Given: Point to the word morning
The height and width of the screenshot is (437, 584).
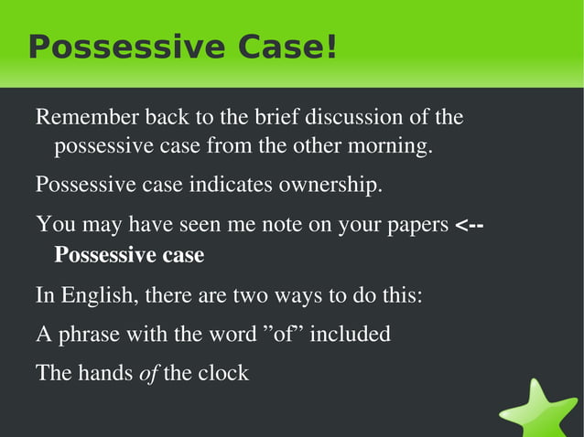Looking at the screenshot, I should [x=391, y=146].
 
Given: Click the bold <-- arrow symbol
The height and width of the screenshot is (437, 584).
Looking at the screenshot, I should [x=469, y=225].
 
